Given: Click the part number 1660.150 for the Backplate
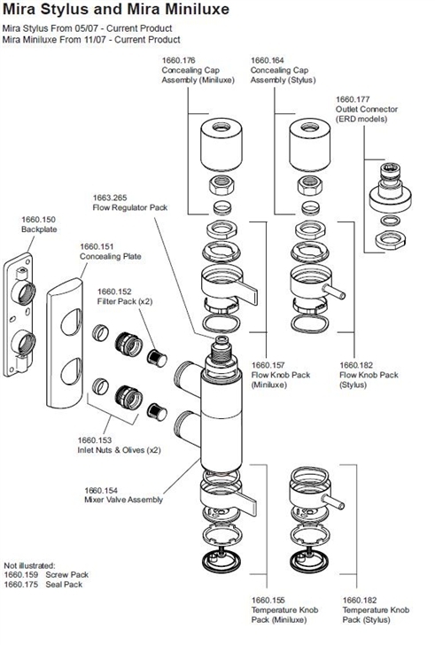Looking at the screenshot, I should point(38,218).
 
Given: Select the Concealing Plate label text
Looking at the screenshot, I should point(110,257).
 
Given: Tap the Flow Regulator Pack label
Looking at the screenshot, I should point(129,206).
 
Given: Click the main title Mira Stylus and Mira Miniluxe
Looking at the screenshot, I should point(115,12).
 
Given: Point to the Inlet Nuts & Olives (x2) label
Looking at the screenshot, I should point(118,449).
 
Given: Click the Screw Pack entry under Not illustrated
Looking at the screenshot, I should point(60,574).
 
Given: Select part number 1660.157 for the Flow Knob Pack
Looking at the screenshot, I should point(270,364).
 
